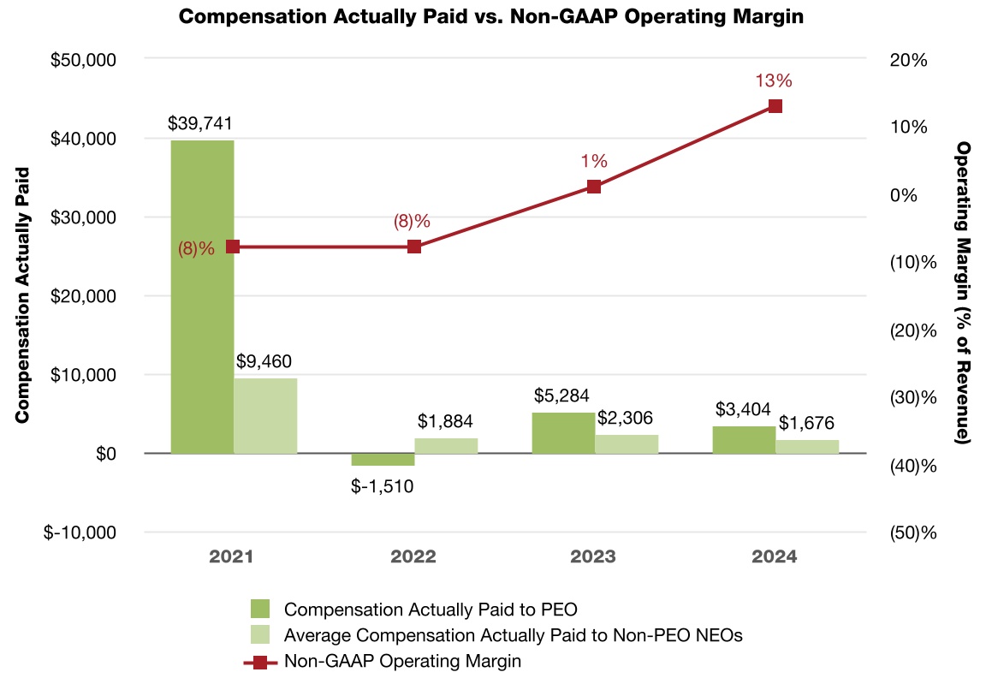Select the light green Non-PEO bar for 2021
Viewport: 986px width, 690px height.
point(265,415)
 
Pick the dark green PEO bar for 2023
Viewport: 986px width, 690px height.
point(563,432)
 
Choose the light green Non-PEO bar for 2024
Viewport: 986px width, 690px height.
point(807,446)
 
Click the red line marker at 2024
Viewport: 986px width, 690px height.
point(775,106)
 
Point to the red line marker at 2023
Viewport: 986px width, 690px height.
point(594,187)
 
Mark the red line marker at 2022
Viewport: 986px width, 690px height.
point(414,247)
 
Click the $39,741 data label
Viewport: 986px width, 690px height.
point(200,124)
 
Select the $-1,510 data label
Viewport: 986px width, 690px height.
point(383,486)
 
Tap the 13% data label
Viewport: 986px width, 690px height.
point(774,81)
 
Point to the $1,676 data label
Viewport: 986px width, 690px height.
point(806,423)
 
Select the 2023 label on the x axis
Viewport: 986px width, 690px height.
point(593,556)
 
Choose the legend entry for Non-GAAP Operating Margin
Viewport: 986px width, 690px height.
point(402,661)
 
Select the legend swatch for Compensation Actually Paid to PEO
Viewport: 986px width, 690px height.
point(260,610)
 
